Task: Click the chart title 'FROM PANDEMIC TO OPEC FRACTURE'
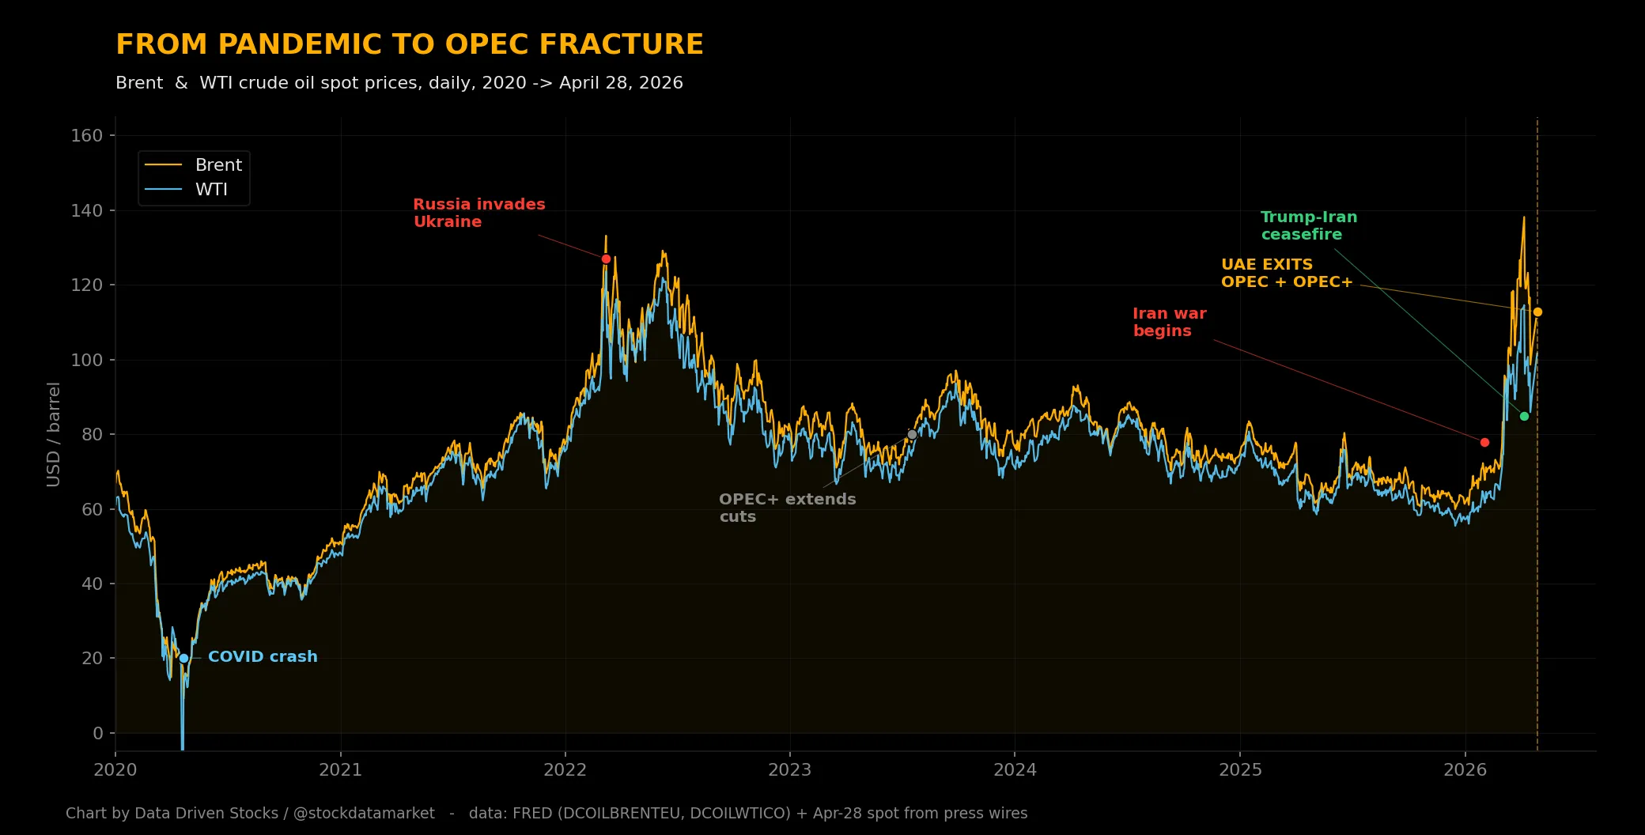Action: click(410, 44)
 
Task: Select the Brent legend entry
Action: click(194, 164)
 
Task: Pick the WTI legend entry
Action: click(187, 189)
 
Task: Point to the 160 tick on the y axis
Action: click(87, 135)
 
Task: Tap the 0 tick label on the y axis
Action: click(98, 733)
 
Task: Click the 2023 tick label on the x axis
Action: click(790, 770)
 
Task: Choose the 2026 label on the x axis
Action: click(1465, 770)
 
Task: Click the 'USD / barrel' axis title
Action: click(53, 434)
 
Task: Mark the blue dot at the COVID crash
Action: click(183, 658)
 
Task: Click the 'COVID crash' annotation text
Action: click(263, 656)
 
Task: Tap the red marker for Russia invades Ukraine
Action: click(606, 259)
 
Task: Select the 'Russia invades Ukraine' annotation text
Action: click(479, 213)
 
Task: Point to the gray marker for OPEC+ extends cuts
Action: click(912, 434)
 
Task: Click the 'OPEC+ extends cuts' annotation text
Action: click(788, 508)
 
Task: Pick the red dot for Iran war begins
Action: click(1484, 442)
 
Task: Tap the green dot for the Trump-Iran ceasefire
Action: click(1524, 416)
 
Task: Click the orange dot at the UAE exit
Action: click(1537, 312)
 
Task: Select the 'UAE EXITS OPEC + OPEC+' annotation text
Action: click(1287, 273)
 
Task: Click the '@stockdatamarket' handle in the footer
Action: click(364, 813)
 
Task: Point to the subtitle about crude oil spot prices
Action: click(399, 83)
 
